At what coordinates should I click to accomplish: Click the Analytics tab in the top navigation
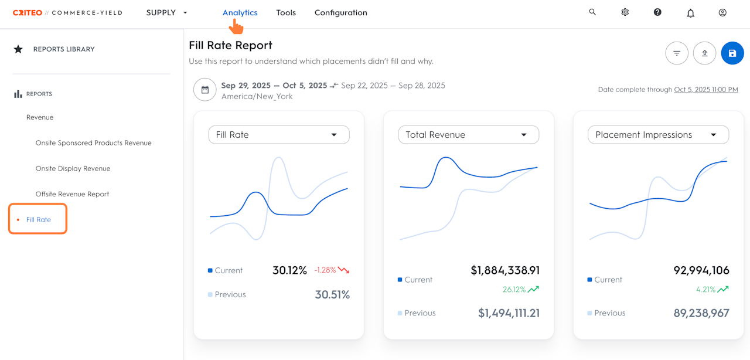[240, 13]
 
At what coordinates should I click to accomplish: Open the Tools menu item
[286, 13]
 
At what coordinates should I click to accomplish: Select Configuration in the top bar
[341, 13]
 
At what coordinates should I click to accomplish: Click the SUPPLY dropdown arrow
[185, 13]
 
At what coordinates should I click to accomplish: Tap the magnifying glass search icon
[592, 12]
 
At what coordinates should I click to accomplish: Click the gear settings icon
[625, 12]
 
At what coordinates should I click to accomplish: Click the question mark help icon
[657, 12]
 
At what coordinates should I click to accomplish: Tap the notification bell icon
[690, 13]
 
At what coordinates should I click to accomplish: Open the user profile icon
[722, 12]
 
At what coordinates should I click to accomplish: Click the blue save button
[732, 53]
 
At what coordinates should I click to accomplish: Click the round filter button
[677, 53]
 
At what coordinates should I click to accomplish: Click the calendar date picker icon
[204, 90]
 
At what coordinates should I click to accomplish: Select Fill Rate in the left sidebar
[39, 219]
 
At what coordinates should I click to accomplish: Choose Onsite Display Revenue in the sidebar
[73, 168]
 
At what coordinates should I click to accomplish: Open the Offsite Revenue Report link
[72, 194]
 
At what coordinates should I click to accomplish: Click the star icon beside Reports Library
[18, 49]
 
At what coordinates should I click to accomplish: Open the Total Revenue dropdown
[468, 135]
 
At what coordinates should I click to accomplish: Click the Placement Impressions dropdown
[658, 135]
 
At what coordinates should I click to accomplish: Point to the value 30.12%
[289, 270]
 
